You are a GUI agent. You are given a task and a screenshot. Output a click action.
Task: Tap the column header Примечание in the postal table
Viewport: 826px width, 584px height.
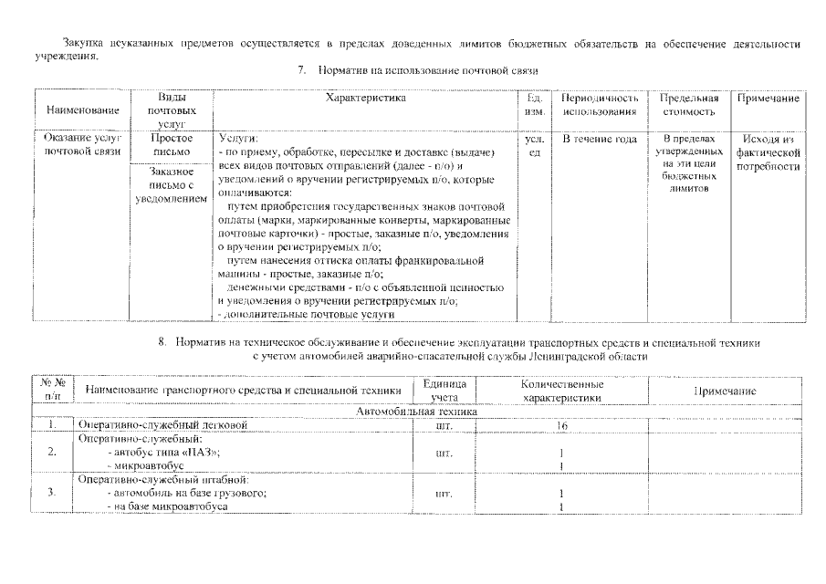click(x=768, y=98)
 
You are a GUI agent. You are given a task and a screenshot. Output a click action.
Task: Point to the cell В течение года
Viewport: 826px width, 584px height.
click(x=599, y=139)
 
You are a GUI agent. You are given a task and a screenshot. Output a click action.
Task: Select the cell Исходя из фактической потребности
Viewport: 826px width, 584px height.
click(x=768, y=152)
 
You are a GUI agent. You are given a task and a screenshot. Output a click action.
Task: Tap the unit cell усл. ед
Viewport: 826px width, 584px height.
click(x=536, y=145)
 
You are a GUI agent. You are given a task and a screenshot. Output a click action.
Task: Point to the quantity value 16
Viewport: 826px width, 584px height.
click(x=561, y=426)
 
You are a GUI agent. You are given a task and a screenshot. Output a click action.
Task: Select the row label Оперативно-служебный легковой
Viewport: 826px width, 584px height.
click(x=162, y=426)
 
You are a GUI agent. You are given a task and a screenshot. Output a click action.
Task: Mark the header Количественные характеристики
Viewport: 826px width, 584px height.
click(x=561, y=391)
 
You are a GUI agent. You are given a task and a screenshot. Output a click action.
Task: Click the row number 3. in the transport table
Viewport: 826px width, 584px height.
click(x=53, y=493)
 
